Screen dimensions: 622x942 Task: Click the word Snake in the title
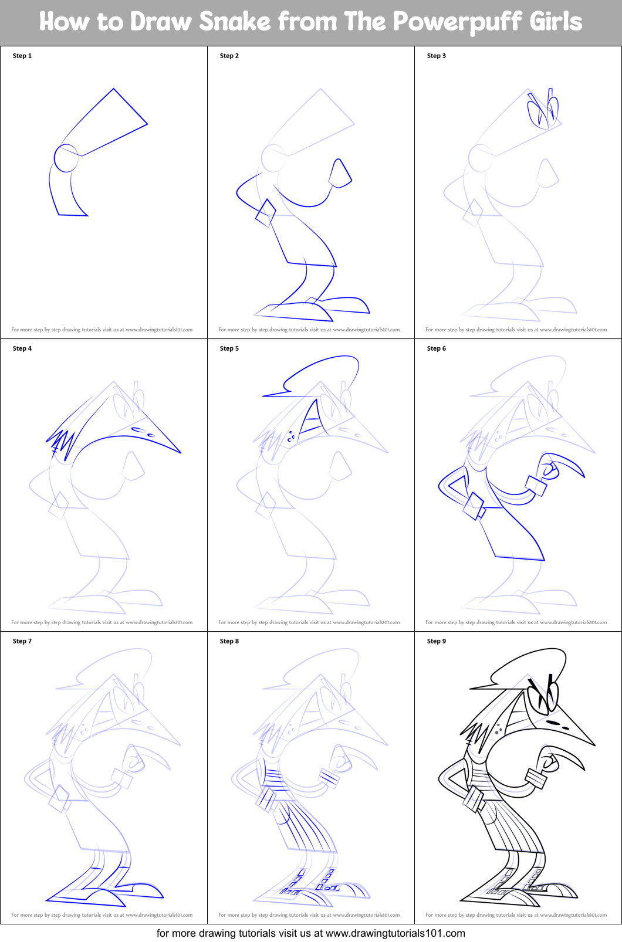[235, 21]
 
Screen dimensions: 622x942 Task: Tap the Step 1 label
[22, 56]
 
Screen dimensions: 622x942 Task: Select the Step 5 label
[229, 348]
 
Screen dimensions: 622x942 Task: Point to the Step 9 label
[436, 641]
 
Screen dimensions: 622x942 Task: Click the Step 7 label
[22, 641]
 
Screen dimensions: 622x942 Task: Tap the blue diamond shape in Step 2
[266, 213]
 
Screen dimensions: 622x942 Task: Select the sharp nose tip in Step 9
[594, 746]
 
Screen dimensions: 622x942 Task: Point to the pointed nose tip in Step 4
[181, 452]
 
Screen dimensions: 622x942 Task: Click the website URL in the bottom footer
[395, 933]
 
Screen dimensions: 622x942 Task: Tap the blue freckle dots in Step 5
[291, 436]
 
